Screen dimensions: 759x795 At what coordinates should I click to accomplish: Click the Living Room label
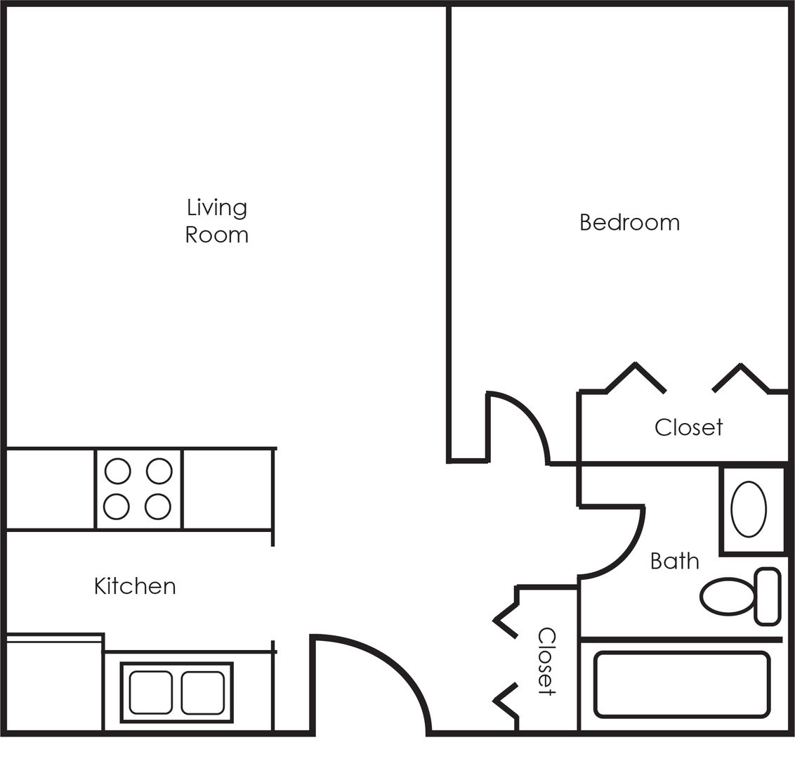pos(216,221)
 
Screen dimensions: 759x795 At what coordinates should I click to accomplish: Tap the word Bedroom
pos(629,222)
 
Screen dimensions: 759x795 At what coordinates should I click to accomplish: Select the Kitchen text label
pos(135,585)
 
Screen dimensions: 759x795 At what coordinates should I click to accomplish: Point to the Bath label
pos(674,561)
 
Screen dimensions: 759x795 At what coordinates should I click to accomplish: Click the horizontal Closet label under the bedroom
pos(688,427)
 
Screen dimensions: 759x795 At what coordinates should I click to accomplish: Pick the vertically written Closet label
pos(546,661)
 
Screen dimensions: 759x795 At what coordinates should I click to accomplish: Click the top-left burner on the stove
pos(117,471)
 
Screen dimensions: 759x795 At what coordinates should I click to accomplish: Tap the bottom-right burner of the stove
pos(159,506)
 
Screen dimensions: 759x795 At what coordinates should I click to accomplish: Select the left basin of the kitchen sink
pos(150,692)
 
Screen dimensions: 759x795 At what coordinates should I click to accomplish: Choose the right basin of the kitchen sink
pos(203,692)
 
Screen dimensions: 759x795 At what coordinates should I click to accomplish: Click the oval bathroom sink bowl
pos(749,510)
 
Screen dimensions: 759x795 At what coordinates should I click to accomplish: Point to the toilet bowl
pos(728,597)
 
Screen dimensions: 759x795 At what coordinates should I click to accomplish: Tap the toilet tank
pos(767,596)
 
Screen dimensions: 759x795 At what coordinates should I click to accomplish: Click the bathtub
pos(681,685)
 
